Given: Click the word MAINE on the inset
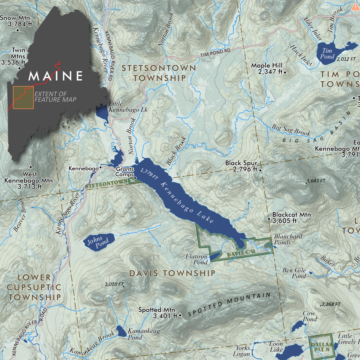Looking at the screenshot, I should pos(56,76).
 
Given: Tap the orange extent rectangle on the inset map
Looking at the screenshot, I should pos(23,98).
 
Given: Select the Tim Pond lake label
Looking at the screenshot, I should pos(327,54).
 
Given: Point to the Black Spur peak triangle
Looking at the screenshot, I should pos(260,170).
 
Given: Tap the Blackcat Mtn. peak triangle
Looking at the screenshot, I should pos(269,218).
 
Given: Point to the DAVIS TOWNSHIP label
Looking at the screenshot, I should pos(172,273).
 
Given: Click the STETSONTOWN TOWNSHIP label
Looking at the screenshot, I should pos(159,73).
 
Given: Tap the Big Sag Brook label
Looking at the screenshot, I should pos(291,130).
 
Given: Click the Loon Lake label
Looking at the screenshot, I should pos(276,346).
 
